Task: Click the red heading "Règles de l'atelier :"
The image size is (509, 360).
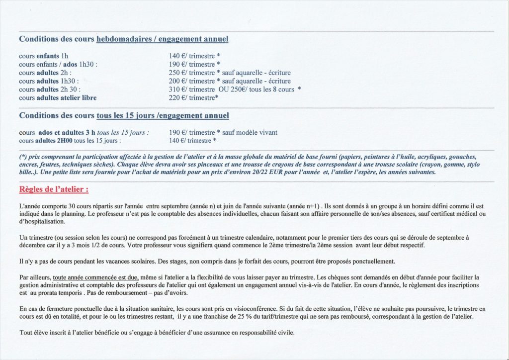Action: click(54, 189)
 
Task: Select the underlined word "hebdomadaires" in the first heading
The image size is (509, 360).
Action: click(122, 39)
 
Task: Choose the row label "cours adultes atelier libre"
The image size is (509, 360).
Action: click(58, 97)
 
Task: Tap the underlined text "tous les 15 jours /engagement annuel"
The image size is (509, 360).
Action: click(163, 115)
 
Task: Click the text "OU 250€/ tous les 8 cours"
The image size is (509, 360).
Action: click(257, 89)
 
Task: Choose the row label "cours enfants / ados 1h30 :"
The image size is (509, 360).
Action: click(58, 64)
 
